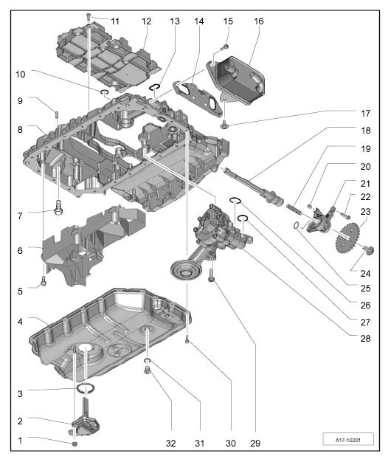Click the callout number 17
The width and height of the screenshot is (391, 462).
[365, 113]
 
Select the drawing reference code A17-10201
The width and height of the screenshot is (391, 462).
[348, 440]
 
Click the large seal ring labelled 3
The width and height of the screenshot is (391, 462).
[86, 388]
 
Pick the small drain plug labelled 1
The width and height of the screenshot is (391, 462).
[75, 444]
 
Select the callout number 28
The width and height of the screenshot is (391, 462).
[365, 338]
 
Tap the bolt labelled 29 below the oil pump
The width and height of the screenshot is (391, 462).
[212, 275]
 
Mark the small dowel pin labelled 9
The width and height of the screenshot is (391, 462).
[56, 114]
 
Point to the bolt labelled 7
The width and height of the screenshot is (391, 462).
[58, 207]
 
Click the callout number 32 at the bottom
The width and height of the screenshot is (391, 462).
[170, 443]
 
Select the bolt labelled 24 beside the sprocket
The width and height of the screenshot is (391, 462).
[368, 250]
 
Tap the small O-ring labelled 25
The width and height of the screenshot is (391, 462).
[296, 226]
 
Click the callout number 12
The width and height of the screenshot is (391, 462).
[146, 21]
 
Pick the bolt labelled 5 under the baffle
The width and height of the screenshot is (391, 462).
[44, 282]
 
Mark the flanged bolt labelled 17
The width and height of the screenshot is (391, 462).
[224, 125]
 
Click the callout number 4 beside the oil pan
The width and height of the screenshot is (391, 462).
[20, 321]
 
